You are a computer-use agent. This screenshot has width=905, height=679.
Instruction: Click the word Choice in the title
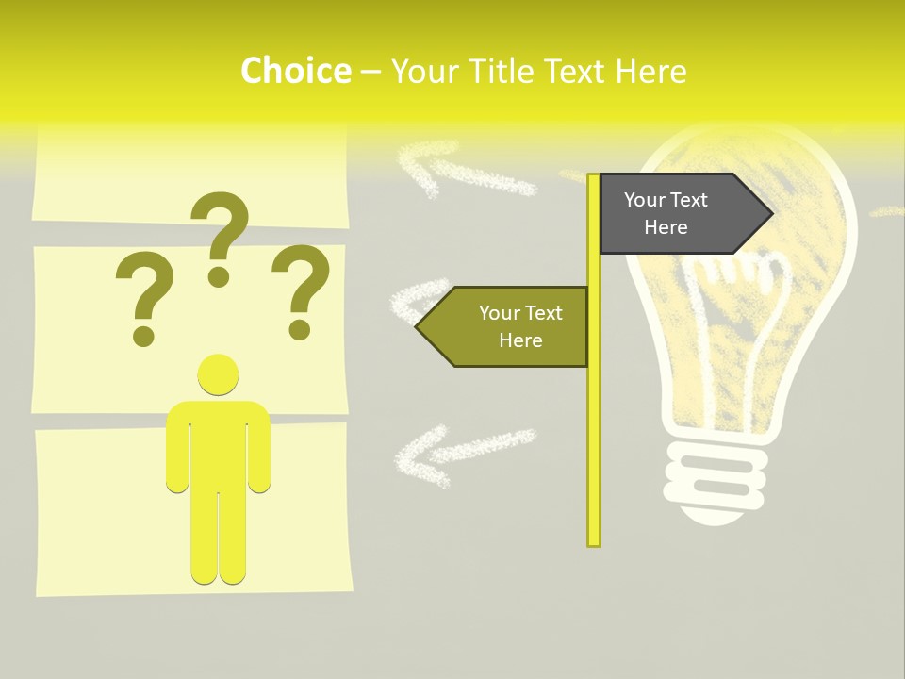(295, 71)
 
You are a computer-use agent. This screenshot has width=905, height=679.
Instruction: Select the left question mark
(143, 292)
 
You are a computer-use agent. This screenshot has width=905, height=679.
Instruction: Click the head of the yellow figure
(218, 374)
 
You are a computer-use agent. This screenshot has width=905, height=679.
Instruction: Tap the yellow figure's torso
(218, 443)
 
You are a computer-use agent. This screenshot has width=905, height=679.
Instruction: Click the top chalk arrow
(462, 170)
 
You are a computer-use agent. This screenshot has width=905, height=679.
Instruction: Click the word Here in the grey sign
(666, 227)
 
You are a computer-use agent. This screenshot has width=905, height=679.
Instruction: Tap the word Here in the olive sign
(520, 340)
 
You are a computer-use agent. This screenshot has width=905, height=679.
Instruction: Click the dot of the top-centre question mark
(219, 276)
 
